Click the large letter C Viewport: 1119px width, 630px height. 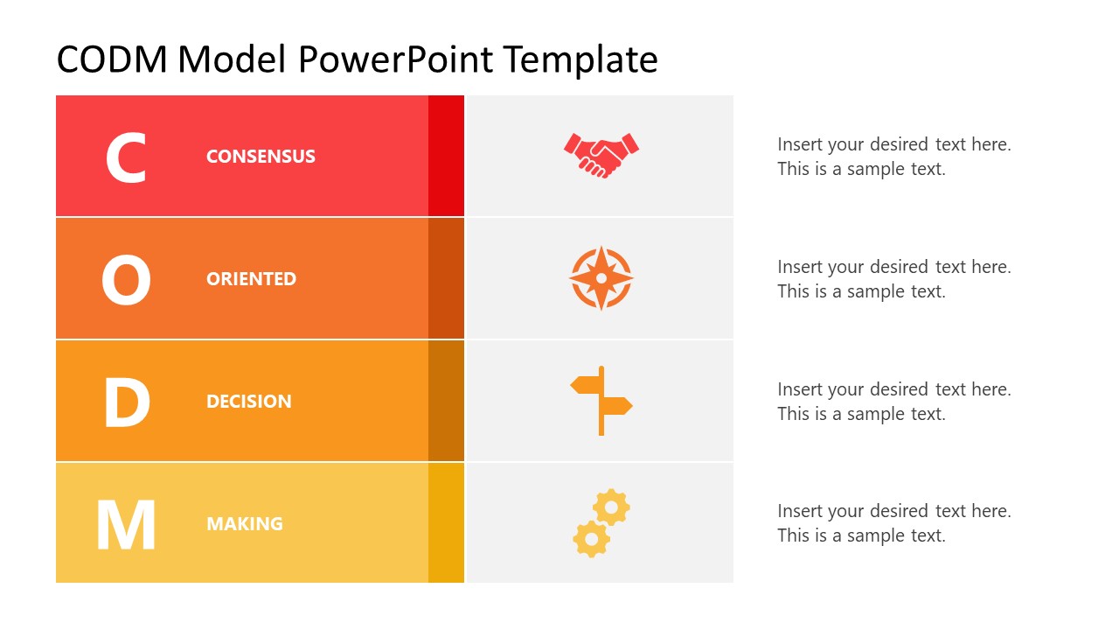[126, 157]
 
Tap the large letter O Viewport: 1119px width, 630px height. [126, 280]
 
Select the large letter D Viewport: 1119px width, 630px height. [126, 402]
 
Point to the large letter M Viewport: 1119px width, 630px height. [126, 525]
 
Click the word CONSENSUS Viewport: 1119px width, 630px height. [261, 157]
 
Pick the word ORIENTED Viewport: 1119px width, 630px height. [251, 279]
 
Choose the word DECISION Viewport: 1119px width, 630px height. [248, 402]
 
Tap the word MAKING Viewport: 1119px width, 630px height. [244, 524]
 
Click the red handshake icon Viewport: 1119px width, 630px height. [601, 155]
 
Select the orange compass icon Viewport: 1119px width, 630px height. [601, 278]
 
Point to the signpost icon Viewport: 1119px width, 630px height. [601, 401]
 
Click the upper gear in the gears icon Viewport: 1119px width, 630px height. [611, 507]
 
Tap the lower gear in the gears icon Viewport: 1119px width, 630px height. [591, 539]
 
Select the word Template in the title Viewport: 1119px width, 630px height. [580, 59]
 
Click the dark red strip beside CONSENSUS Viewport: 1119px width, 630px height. [446, 156]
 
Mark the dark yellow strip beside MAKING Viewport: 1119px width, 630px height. [446, 523]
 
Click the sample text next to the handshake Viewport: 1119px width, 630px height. [893, 157]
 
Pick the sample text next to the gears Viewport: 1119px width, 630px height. [893, 523]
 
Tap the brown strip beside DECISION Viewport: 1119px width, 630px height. [446, 401]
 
